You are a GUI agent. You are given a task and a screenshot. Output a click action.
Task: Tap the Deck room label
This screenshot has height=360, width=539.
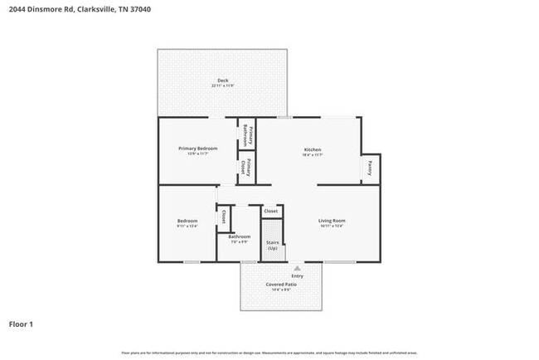(x=222, y=80)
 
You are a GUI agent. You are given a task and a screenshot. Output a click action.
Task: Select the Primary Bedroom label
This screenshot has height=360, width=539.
(x=197, y=148)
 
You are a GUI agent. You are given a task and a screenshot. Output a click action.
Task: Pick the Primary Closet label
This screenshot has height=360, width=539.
(x=246, y=168)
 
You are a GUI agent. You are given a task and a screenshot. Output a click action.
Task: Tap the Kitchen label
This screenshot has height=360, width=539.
(x=312, y=149)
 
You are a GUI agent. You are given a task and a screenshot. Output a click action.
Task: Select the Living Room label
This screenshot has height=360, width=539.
(x=332, y=221)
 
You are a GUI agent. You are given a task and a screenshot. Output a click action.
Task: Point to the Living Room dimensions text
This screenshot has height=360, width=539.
(x=332, y=226)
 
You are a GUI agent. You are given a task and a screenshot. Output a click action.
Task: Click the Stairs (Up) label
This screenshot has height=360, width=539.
(x=272, y=245)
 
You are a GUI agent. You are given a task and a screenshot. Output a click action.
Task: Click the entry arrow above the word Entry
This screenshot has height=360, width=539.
(x=297, y=269)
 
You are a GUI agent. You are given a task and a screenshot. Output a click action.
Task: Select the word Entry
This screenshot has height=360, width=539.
(x=297, y=276)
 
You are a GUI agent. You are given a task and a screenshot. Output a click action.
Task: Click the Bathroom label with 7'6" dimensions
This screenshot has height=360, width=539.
(x=240, y=237)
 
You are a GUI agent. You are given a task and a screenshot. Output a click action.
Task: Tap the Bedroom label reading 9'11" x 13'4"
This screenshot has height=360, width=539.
(x=187, y=221)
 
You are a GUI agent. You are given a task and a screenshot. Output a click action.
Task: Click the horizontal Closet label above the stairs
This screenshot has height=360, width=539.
(x=271, y=212)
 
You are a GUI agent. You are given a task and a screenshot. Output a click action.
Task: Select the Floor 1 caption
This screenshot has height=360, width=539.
(x=22, y=324)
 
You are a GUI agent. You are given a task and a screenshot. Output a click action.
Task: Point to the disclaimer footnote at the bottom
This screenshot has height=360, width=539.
(x=269, y=353)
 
